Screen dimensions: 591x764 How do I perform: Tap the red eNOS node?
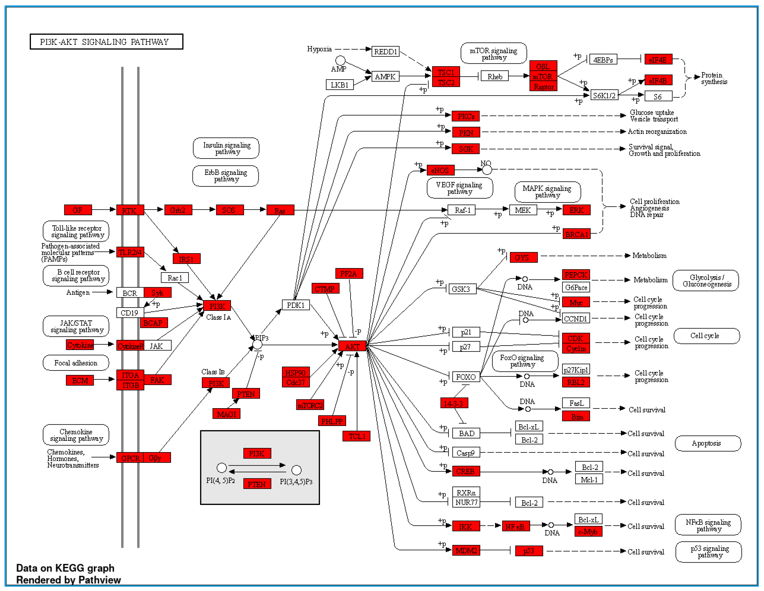(x=440, y=170)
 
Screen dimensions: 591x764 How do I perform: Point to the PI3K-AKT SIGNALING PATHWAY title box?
(x=106, y=42)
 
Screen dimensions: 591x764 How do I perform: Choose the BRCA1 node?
(x=576, y=234)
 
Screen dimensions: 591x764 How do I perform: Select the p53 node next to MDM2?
(x=529, y=551)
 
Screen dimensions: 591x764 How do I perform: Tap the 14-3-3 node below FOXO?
(x=454, y=403)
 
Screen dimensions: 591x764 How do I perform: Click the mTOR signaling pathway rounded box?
(x=493, y=53)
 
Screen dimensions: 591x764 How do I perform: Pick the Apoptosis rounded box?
(x=707, y=443)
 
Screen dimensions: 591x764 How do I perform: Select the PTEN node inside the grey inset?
(x=257, y=484)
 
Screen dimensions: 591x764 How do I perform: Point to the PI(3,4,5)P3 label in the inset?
(x=296, y=482)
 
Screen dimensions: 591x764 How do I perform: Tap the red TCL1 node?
(x=356, y=436)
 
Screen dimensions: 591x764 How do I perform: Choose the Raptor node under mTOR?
(x=543, y=86)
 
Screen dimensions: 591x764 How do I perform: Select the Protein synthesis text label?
(x=714, y=78)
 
